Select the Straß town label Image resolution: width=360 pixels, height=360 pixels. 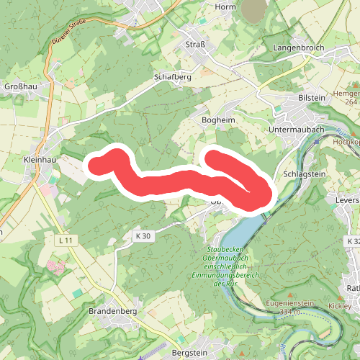coord(197,44)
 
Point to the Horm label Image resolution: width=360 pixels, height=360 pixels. coord(225,6)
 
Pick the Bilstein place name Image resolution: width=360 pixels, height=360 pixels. coord(311,96)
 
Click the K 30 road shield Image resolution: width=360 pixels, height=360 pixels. coord(143,235)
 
